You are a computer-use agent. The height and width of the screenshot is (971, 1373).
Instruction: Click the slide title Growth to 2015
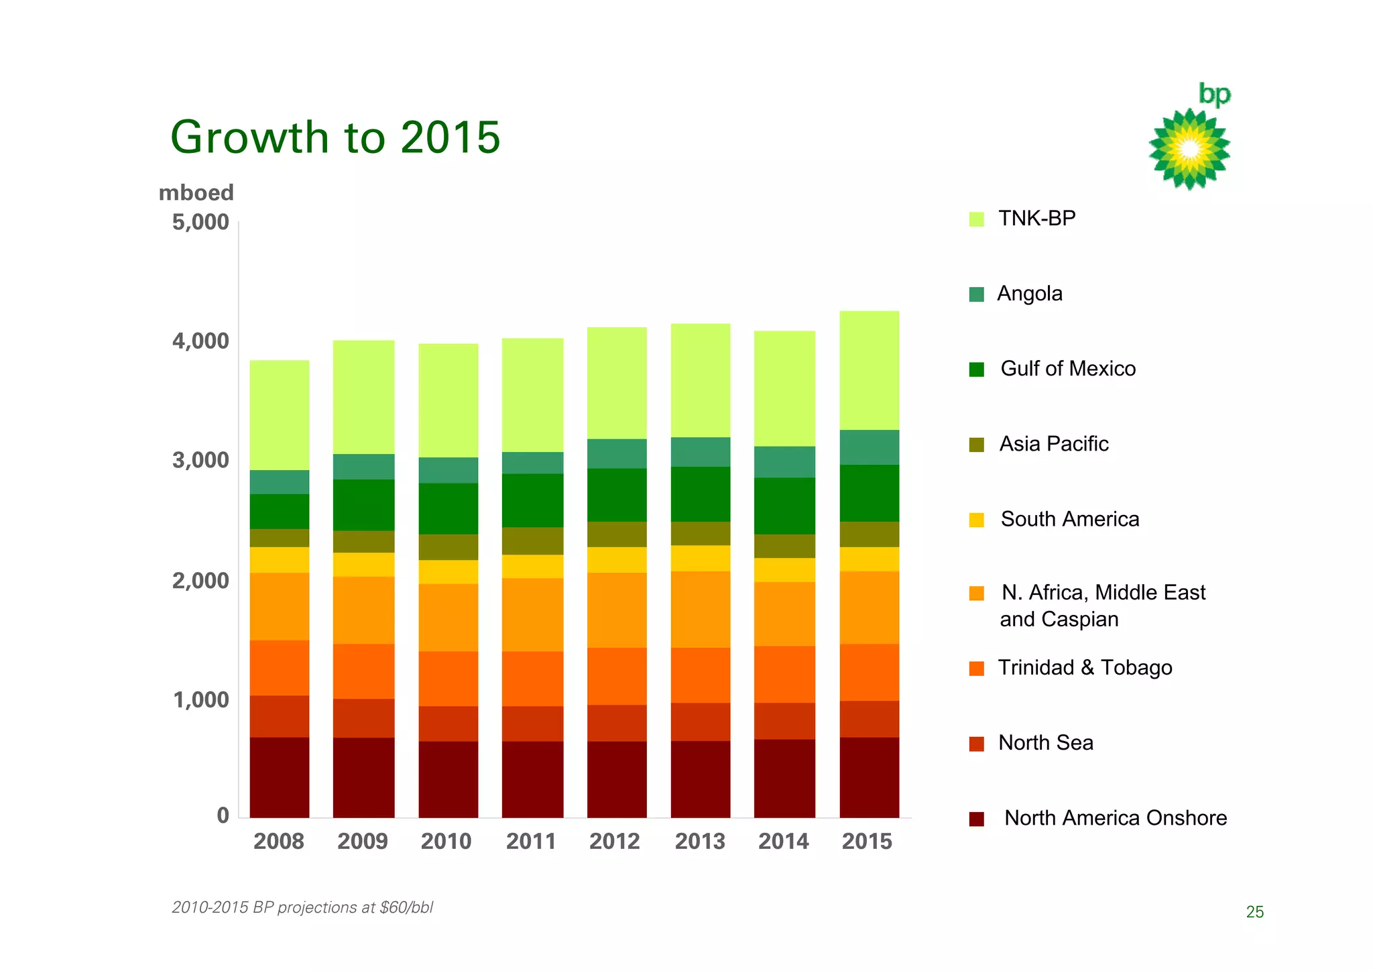pos(335,137)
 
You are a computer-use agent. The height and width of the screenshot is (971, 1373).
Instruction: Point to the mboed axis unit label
pos(196,193)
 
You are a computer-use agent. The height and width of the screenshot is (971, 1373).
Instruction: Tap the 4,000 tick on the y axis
pos(200,341)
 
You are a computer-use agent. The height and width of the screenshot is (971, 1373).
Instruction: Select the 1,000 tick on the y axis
pos(200,700)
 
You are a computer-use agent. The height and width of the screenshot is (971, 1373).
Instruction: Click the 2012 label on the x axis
pos(615,841)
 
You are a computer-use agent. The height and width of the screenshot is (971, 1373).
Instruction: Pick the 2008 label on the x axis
pos(279,841)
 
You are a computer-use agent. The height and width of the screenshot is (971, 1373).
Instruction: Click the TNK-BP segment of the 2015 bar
pos(869,370)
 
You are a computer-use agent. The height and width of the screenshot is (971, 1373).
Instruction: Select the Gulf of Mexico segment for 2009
pos(363,504)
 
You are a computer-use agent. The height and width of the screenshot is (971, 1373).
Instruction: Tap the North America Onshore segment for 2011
pos(532,779)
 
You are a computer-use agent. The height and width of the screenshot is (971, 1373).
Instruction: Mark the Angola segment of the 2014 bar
pos(784,461)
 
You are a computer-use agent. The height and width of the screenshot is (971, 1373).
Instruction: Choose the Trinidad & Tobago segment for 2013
pos(701,675)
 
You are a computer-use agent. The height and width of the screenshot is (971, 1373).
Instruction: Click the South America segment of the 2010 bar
pos(448,571)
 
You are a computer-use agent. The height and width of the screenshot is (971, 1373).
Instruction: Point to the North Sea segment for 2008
pos(280,716)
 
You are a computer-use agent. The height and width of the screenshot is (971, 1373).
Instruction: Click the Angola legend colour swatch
pos(977,294)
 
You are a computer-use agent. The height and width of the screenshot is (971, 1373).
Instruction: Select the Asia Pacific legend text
pos(1053,444)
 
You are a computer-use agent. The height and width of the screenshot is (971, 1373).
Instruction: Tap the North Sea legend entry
pos(1044,743)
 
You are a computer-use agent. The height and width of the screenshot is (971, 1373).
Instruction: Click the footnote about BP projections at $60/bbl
pos(302,907)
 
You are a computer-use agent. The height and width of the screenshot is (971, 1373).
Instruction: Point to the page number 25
pos(1254,912)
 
